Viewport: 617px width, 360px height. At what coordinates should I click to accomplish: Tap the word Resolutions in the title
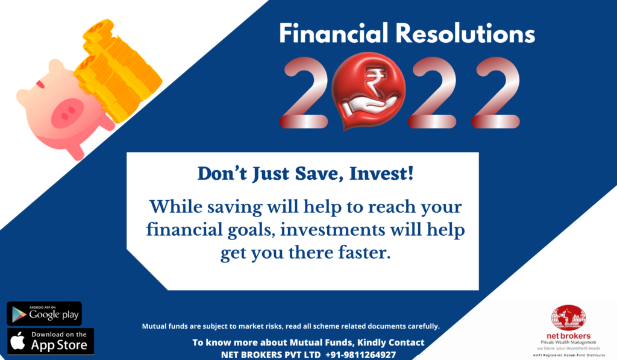point(465,33)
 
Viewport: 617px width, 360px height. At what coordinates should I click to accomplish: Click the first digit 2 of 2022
point(304,92)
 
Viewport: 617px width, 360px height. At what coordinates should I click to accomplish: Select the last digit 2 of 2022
point(496,92)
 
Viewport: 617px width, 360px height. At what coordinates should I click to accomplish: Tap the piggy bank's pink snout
point(67,113)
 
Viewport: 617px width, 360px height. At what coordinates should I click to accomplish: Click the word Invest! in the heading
point(381,174)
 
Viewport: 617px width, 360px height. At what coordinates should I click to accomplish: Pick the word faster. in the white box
point(365,253)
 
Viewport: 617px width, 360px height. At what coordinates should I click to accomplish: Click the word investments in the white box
point(333,230)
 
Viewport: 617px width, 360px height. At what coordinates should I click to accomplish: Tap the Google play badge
point(45,314)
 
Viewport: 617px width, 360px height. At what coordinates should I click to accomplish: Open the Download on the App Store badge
point(51,341)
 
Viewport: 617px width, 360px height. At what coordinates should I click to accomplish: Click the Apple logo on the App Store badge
point(17,341)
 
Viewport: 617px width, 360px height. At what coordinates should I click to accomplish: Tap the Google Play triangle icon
point(19,314)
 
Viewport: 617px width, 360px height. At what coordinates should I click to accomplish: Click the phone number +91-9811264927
point(360,355)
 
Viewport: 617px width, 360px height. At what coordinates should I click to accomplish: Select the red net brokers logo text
point(569,336)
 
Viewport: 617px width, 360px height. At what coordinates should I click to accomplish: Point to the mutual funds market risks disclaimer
point(291,326)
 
